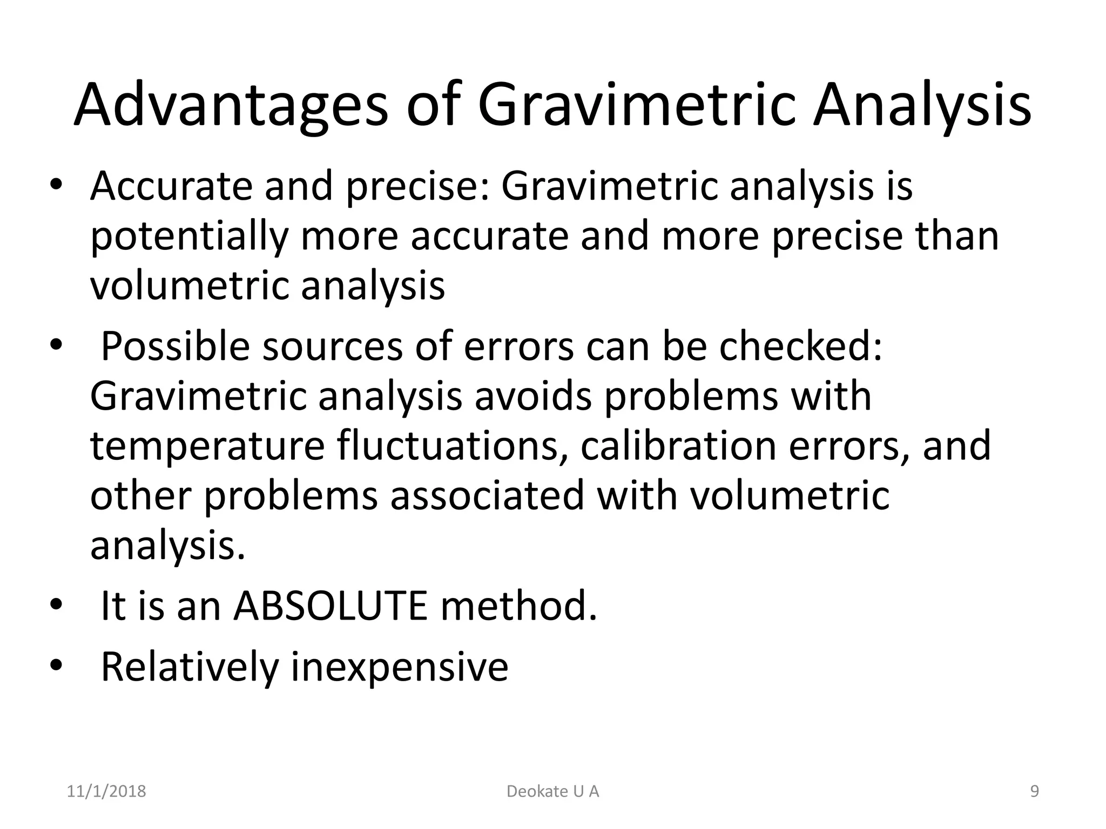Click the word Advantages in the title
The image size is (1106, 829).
231,105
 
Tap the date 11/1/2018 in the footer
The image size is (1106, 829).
106,791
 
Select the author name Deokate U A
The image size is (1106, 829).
553,791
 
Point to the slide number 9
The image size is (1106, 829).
1035,791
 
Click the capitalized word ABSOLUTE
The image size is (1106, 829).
331,606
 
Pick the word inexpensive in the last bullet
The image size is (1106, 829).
400,667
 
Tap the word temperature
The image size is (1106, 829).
207,447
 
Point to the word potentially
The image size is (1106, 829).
189,237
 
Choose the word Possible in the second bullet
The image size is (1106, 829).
176,346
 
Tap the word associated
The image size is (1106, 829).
488,495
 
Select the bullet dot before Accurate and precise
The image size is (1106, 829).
56,185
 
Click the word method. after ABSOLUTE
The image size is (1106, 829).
519,606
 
